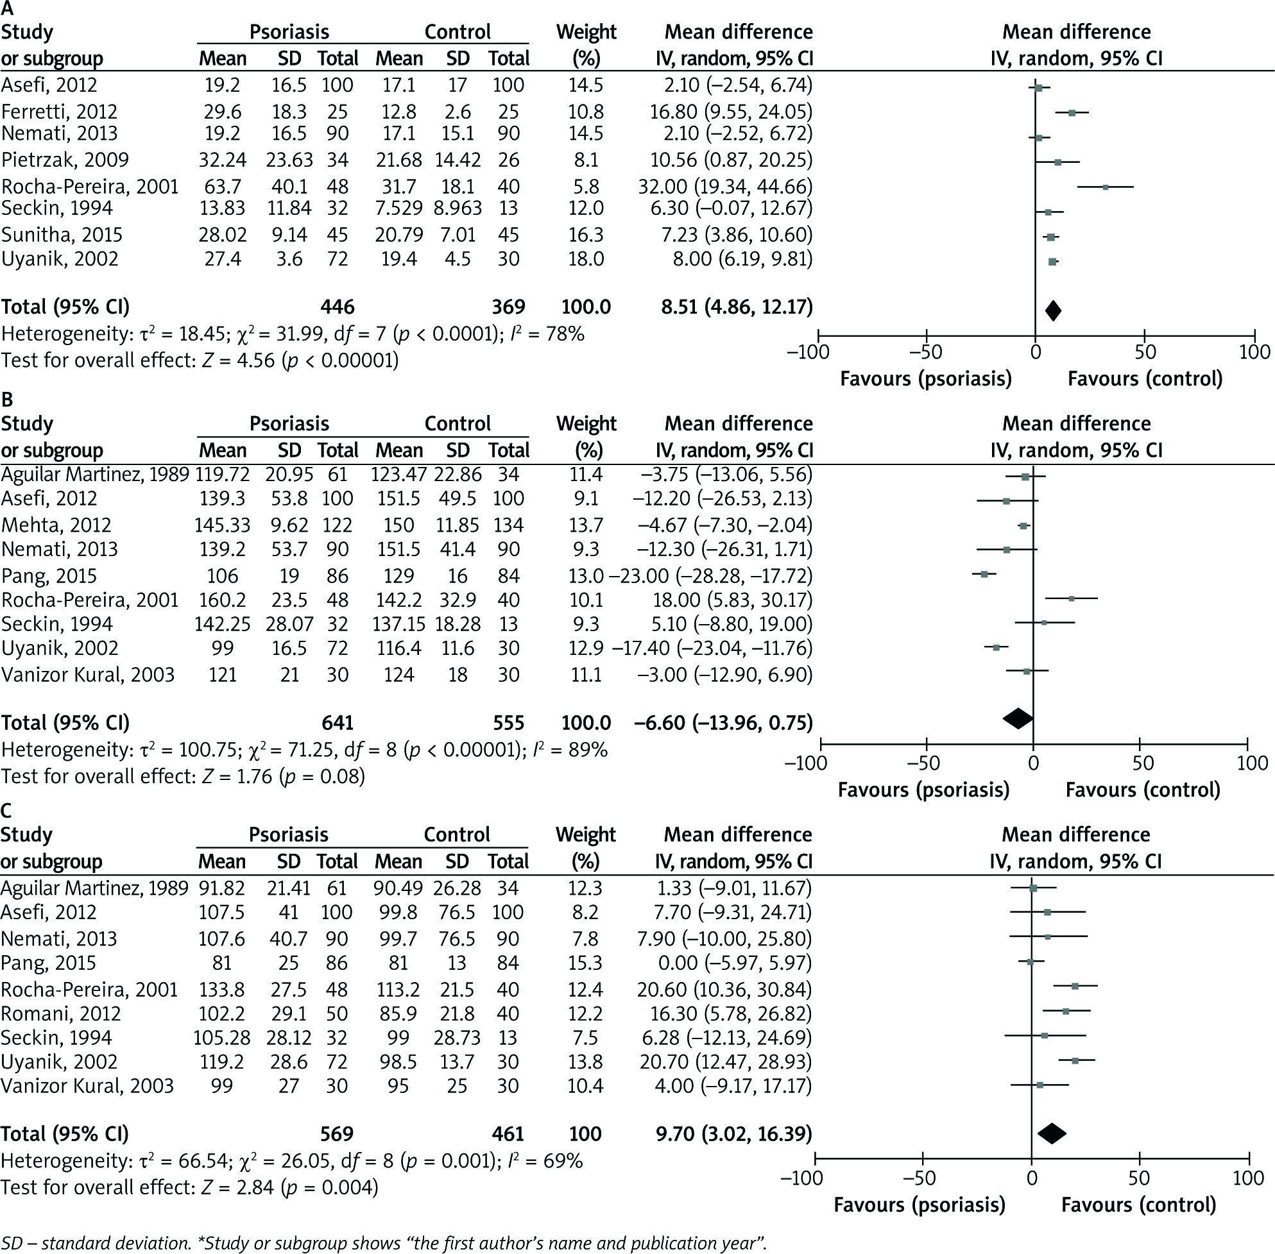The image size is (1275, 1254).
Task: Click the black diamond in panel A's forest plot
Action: coord(1053,310)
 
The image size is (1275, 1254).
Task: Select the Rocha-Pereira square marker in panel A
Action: coord(1106,187)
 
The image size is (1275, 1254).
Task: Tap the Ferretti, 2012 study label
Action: coord(59,112)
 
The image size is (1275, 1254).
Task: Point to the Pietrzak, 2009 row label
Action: coord(65,160)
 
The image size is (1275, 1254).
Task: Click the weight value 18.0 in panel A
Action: coord(586,259)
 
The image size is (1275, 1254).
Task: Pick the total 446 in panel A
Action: coord(338,307)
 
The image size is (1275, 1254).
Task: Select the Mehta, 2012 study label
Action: coord(56,525)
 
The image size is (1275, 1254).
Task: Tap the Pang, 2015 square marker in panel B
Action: coord(984,574)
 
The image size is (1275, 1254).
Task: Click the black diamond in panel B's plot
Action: coord(1017,718)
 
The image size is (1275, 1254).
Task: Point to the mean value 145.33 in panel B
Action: coord(222,525)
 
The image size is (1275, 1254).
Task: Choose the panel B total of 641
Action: coord(338,722)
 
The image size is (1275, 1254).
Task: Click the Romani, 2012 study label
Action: coord(57,1013)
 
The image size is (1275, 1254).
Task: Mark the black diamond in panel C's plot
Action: coord(1052,1133)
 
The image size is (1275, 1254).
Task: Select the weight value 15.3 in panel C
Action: coord(585,963)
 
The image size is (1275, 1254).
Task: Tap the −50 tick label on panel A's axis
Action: coord(926,352)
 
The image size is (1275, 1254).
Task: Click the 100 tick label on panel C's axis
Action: coord(1248,1178)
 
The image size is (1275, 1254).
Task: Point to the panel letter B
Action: coord(8,399)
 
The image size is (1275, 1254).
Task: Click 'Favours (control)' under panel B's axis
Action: coord(1143,790)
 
